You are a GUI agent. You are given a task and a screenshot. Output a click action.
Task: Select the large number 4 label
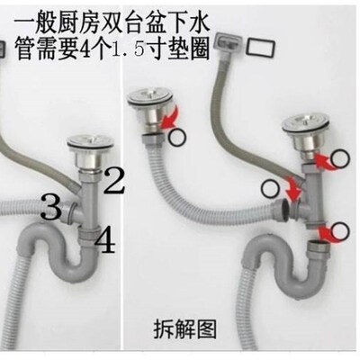[105, 240]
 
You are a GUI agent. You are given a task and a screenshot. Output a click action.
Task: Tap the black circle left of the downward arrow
[270, 187]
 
